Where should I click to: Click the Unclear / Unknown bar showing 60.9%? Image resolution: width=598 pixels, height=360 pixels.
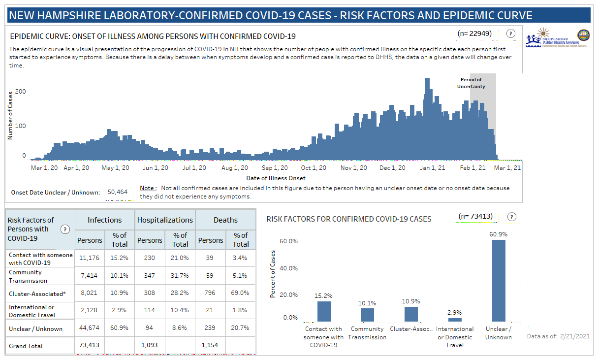[x=499, y=281]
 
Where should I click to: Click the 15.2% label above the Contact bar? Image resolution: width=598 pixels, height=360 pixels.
[x=323, y=296]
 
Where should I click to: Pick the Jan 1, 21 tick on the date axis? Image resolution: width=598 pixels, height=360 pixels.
[x=433, y=168]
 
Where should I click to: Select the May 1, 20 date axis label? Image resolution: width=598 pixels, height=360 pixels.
[x=116, y=168]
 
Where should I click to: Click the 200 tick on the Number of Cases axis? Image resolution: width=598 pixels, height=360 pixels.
[x=20, y=92]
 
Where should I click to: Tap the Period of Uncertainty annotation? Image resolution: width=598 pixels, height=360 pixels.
[x=471, y=83]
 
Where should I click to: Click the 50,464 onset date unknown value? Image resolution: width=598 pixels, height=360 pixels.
[x=117, y=192]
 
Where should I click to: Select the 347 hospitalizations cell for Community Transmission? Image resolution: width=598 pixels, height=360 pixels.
[x=150, y=276]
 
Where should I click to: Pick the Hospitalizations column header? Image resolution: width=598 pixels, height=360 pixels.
[x=165, y=220]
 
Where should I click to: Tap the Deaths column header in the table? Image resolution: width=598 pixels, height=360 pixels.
[x=225, y=220]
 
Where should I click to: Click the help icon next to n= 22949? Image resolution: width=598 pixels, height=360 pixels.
[x=510, y=33]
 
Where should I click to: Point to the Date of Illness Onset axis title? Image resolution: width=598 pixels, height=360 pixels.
[x=276, y=178]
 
